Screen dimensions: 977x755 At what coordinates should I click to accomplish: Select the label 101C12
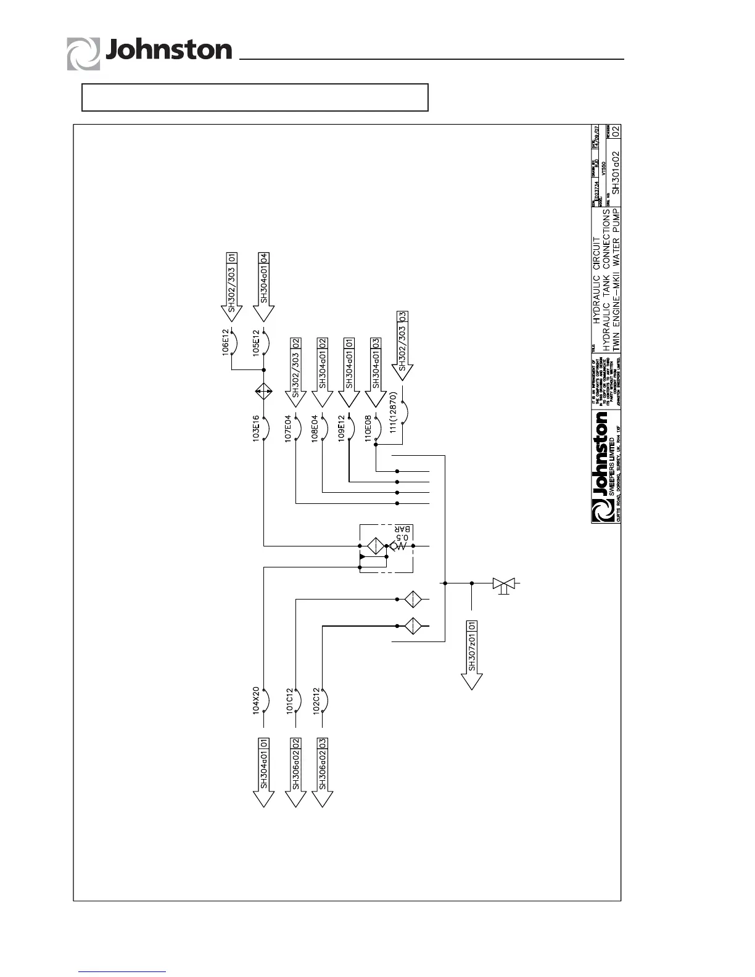pyautogui.click(x=289, y=700)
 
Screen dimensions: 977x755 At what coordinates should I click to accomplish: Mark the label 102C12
pyautogui.click(x=315, y=700)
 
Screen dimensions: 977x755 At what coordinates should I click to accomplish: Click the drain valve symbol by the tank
pyautogui.click(x=504, y=583)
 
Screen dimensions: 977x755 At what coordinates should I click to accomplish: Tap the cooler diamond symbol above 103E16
pyautogui.click(x=264, y=392)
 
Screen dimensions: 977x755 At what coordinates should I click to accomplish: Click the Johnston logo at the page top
pyautogui.click(x=149, y=52)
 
